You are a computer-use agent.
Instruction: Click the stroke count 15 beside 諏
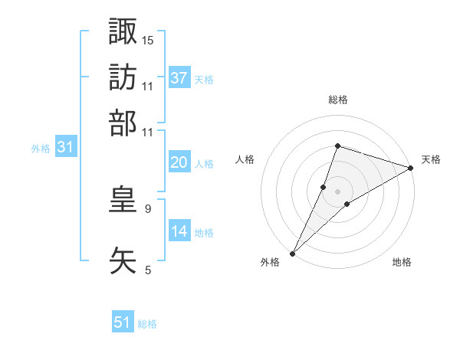point(148,39)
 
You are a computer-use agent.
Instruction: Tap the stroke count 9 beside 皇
point(147,208)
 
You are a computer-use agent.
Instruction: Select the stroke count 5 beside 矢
point(147,270)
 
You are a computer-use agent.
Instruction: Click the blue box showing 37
point(179,78)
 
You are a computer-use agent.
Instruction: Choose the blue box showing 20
point(179,162)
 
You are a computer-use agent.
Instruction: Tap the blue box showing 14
point(179,231)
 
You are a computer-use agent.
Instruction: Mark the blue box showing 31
point(65,148)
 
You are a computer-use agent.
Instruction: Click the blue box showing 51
point(123,322)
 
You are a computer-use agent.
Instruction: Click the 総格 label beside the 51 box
point(147,324)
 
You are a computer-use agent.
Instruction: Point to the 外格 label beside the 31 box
point(41,149)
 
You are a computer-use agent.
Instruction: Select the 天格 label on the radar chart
point(431,159)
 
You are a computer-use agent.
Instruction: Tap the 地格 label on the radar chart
point(402,263)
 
